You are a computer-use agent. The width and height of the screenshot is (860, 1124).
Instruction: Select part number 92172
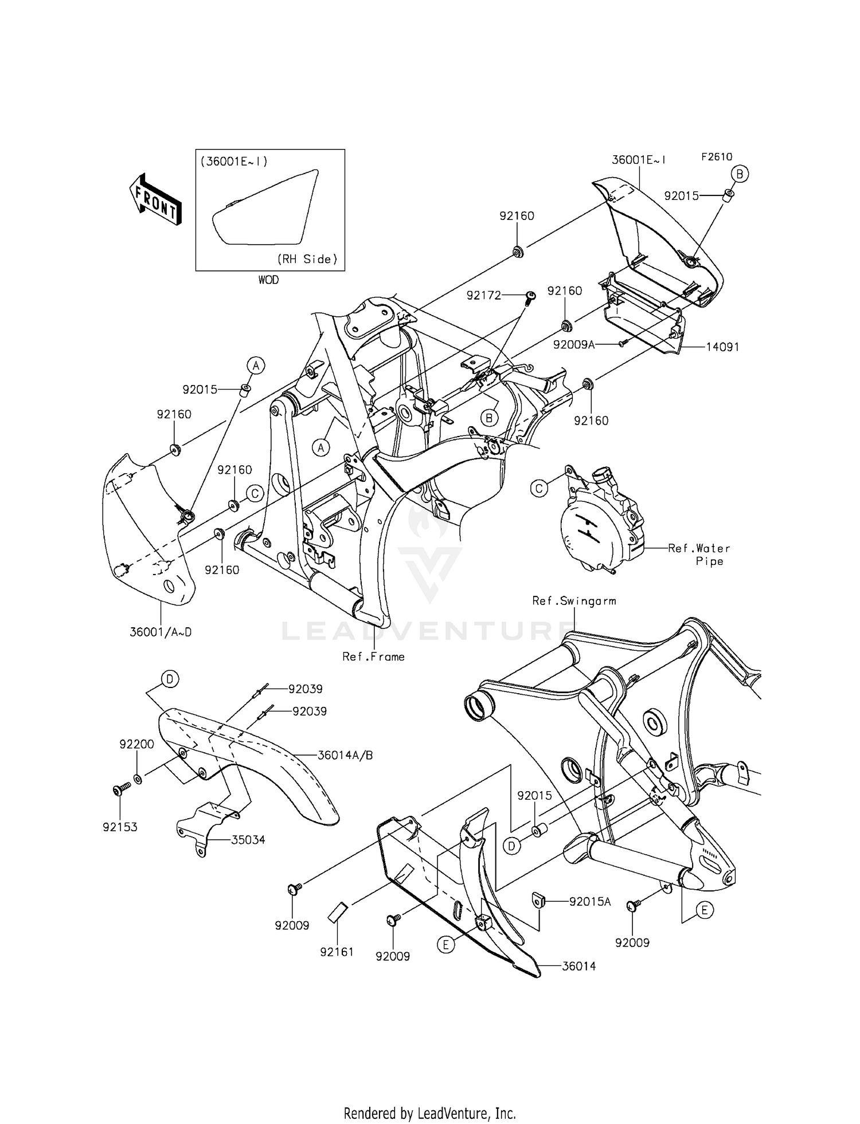pyautogui.click(x=483, y=296)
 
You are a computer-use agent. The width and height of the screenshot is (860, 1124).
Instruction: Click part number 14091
pyautogui.click(x=722, y=347)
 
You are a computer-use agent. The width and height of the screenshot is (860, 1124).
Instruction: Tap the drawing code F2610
pyautogui.click(x=716, y=157)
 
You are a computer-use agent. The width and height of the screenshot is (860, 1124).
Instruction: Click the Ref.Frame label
pyautogui.click(x=373, y=657)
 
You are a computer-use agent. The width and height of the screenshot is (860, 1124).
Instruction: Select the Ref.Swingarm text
pyautogui.click(x=574, y=601)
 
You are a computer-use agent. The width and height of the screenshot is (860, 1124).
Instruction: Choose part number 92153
pyautogui.click(x=120, y=827)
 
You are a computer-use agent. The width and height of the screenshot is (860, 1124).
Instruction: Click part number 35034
pyautogui.click(x=248, y=840)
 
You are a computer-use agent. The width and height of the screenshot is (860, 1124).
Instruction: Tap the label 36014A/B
pyautogui.click(x=345, y=755)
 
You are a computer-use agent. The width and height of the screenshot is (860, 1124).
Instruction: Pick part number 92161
pyautogui.click(x=337, y=952)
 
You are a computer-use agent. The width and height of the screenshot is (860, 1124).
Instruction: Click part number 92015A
pyautogui.click(x=589, y=902)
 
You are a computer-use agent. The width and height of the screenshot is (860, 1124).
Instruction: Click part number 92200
pyautogui.click(x=136, y=744)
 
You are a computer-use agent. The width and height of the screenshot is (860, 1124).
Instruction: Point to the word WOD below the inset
pyautogui.click(x=268, y=280)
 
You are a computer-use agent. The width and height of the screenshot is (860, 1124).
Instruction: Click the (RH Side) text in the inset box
pyautogui.click(x=307, y=259)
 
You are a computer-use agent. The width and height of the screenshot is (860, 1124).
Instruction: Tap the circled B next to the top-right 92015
pyautogui.click(x=740, y=174)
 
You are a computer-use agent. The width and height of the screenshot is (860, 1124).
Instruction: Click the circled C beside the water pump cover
pyautogui.click(x=539, y=488)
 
